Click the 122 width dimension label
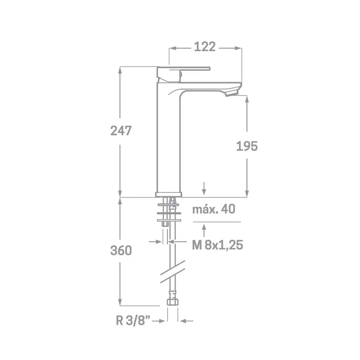[205, 47]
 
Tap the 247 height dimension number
[121, 131]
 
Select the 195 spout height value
[247, 146]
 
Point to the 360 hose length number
[121, 250]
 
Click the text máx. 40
[214, 209]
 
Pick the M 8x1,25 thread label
[217, 245]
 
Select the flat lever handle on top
[184, 68]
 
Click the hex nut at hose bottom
[173, 302]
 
